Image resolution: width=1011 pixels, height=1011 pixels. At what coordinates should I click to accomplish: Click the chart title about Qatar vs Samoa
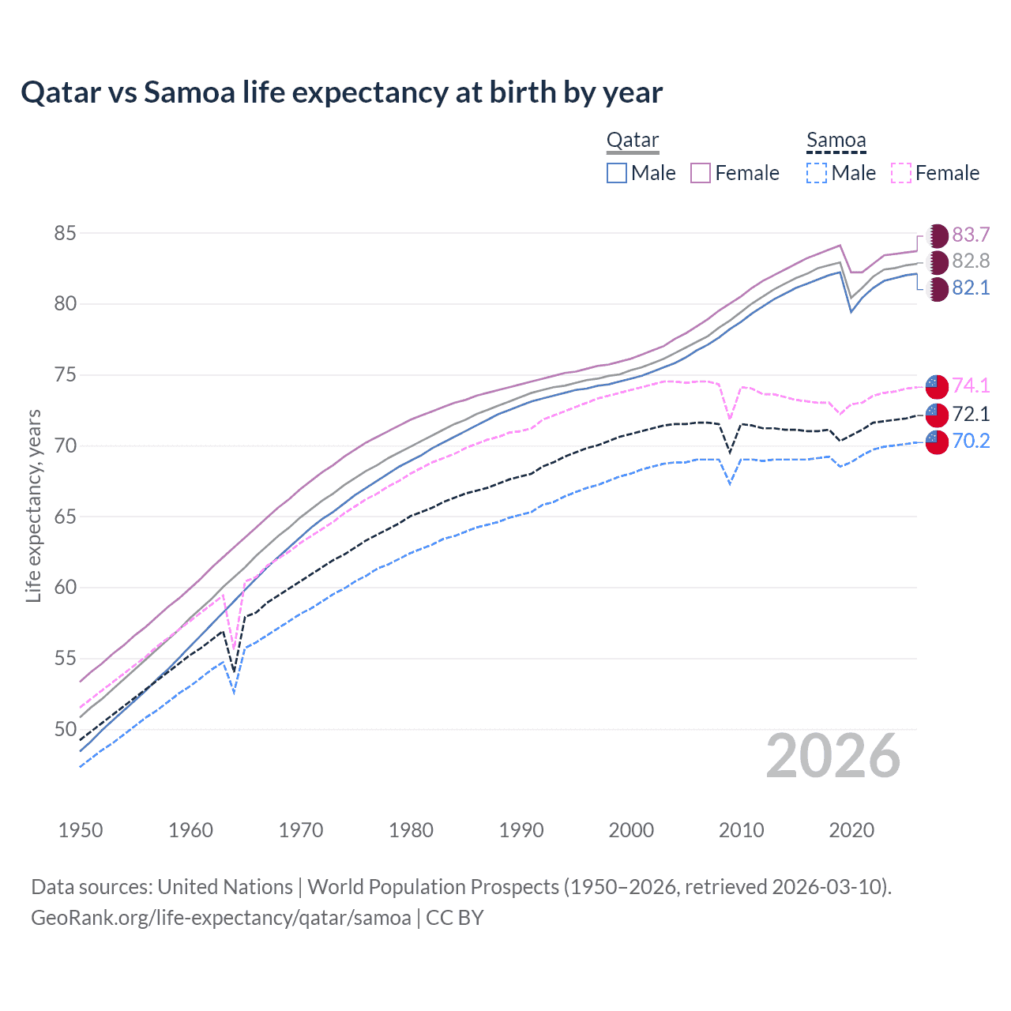pos(341,92)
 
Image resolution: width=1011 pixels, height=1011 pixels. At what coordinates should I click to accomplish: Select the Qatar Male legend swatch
pos(617,173)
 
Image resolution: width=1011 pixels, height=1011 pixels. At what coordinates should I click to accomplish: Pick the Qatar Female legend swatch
pos(701,173)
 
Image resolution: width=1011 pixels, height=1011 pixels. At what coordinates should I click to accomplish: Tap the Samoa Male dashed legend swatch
pos(817,173)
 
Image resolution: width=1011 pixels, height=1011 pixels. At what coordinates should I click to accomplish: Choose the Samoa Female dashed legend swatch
pos(901,173)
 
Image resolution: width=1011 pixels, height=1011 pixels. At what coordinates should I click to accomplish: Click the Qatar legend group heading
pos(632,141)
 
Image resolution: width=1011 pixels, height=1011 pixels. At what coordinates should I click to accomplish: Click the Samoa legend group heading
pos(836,141)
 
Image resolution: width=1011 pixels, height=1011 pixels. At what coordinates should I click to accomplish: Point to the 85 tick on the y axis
pos(65,233)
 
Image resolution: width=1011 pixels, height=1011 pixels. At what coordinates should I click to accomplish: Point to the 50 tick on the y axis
pos(65,729)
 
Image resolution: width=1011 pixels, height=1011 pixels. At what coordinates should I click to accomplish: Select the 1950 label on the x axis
pos(81,830)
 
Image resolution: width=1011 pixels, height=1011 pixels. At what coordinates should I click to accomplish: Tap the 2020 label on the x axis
pos(851,830)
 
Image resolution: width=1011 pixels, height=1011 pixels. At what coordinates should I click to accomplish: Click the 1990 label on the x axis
pos(521,830)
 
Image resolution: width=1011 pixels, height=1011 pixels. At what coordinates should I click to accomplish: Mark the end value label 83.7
pos(971,235)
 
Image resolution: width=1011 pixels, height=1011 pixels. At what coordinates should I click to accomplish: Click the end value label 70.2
pos(971,441)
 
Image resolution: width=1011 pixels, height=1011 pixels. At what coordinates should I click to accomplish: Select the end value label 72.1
pos(971,414)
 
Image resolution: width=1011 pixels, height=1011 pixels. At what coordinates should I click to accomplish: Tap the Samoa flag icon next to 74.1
pos(937,385)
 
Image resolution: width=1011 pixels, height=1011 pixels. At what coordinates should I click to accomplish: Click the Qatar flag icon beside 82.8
pos(937,261)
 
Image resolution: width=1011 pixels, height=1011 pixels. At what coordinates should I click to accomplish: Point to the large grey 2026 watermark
pos(833,756)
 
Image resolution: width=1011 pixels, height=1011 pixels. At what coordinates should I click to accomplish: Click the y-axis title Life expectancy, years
pos(34,505)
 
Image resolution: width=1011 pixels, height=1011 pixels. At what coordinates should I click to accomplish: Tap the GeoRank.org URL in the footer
pos(221,918)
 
